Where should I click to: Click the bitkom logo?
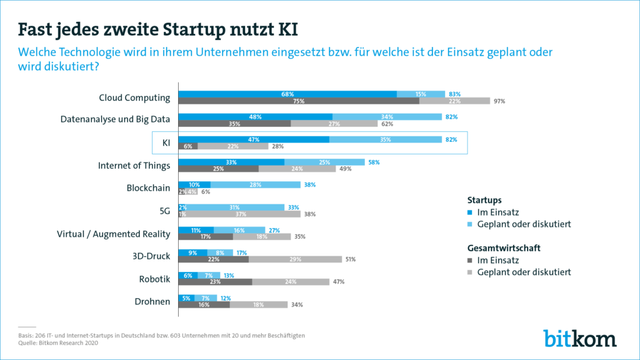point(579,337)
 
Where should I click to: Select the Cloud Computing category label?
point(134,97)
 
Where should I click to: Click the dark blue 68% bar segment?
point(287,94)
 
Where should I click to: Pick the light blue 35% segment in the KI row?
point(384,139)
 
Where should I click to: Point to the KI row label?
point(166,142)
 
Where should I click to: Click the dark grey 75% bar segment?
point(299,101)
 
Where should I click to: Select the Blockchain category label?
point(148,187)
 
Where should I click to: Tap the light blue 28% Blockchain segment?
point(255,184)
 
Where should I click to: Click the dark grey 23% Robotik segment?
point(215,281)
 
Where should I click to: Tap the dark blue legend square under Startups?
point(471,212)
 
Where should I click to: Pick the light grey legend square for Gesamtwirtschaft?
point(471,272)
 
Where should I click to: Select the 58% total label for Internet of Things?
point(374,162)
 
